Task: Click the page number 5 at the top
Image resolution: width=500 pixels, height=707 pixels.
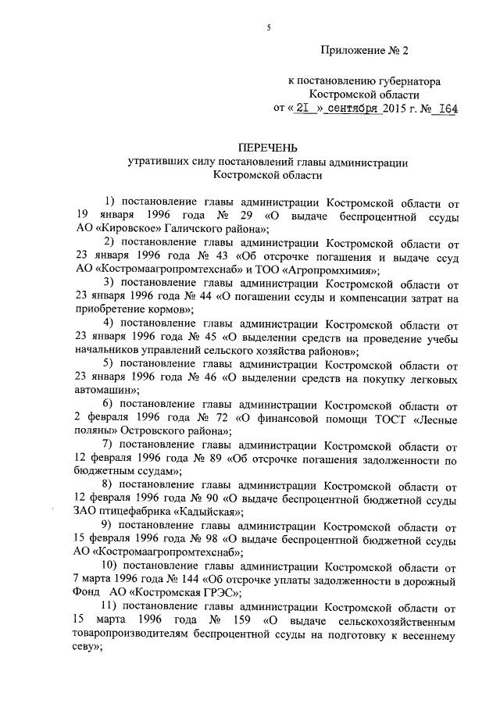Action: [x=268, y=28]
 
